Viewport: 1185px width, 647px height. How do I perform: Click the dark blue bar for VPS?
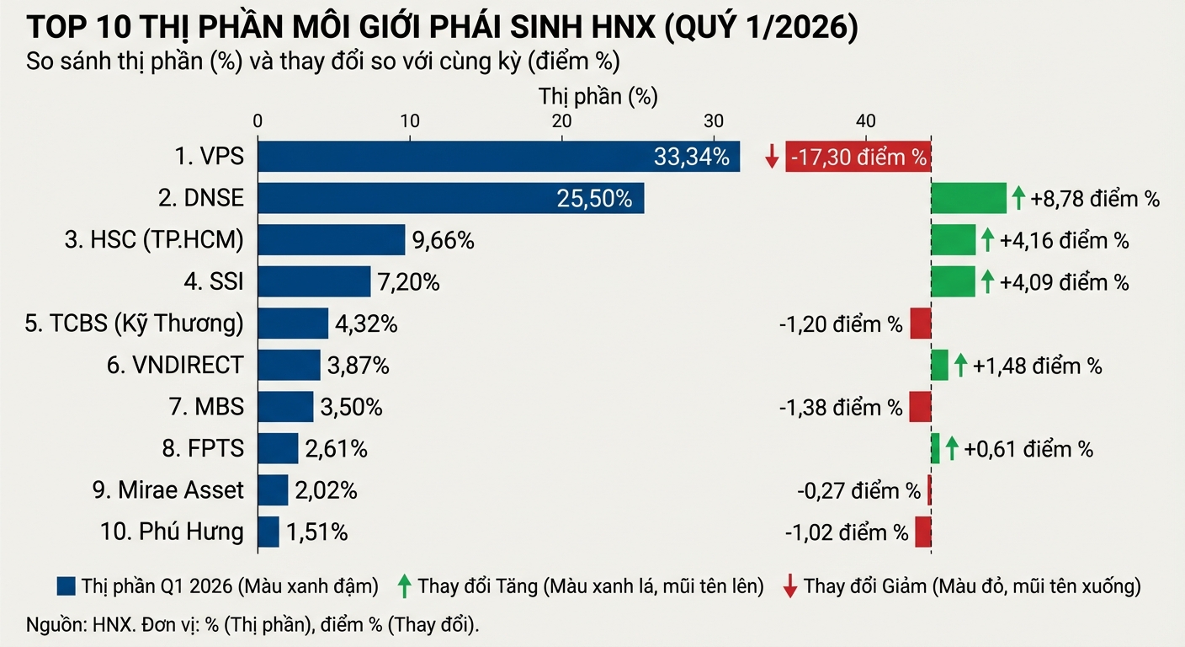[498, 157]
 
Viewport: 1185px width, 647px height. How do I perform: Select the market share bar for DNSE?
[450, 199]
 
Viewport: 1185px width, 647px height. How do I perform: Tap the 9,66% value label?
[443, 241]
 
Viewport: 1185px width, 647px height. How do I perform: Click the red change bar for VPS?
[858, 157]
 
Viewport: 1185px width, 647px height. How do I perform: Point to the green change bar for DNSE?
[968, 199]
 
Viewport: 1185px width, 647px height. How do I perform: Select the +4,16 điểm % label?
[1064, 241]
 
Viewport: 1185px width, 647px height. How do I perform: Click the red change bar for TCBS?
[921, 324]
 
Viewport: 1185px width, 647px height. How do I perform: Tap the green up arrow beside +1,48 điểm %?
[960, 366]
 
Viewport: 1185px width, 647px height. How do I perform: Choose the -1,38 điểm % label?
[841, 408]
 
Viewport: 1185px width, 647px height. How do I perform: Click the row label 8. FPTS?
[203, 449]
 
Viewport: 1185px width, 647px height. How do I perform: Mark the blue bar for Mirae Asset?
[273, 490]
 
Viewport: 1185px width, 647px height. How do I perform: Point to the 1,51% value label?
[316, 532]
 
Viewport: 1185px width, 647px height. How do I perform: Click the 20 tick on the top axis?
[561, 120]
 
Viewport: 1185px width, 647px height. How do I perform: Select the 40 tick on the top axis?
[866, 120]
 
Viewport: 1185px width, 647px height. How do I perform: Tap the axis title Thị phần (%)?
[598, 97]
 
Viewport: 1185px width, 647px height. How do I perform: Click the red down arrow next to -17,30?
[772, 157]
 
